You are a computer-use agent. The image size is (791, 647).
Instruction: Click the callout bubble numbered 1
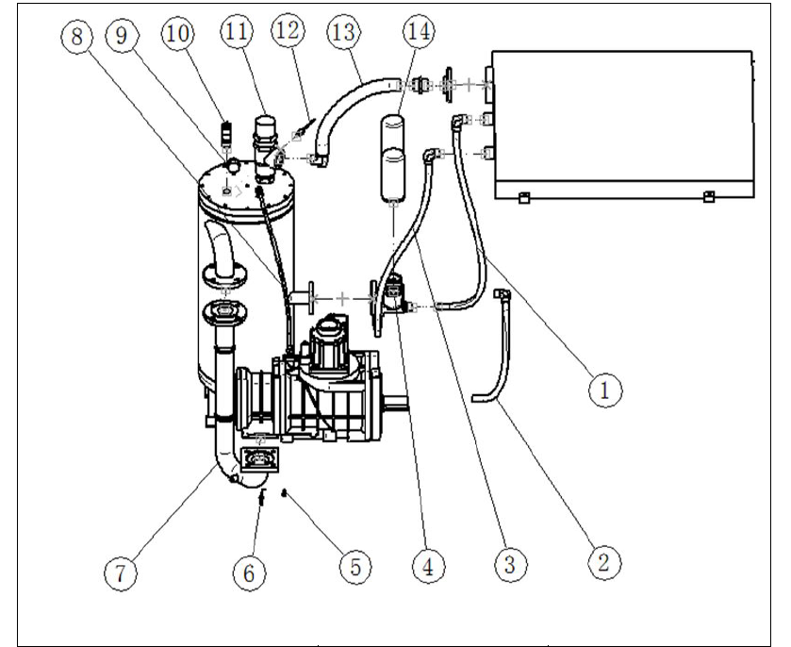coord(605,390)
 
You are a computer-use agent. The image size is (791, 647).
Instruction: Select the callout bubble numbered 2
coord(604,562)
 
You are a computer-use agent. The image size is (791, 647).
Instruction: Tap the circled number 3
coord(510,564)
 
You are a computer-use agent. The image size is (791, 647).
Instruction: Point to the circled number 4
coord(428,566)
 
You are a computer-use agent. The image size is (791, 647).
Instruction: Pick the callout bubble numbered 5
coord(355,566)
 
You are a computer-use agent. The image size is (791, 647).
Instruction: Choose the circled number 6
coord(249,573)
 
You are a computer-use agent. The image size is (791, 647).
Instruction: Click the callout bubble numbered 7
coord(121,573)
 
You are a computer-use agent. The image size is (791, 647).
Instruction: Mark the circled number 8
coord(76,37)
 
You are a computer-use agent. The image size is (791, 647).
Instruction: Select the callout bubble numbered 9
coord(122,36)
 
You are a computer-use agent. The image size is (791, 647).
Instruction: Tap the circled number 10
coord(177,34)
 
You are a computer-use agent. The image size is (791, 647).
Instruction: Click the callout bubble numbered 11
coord(237,32)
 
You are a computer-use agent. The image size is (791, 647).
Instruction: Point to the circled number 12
coord(288,30)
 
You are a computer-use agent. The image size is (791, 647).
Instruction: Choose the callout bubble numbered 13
coord(344,32)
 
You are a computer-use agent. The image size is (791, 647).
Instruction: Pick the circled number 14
coord(420,31)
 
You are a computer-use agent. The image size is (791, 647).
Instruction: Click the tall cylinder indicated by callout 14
coord(393,158)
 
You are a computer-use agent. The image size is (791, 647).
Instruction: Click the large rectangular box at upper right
coord(623,124)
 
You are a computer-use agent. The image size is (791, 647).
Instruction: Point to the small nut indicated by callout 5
coord(285,493)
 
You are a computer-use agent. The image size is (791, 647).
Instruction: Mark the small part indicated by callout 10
coord(226,132)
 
